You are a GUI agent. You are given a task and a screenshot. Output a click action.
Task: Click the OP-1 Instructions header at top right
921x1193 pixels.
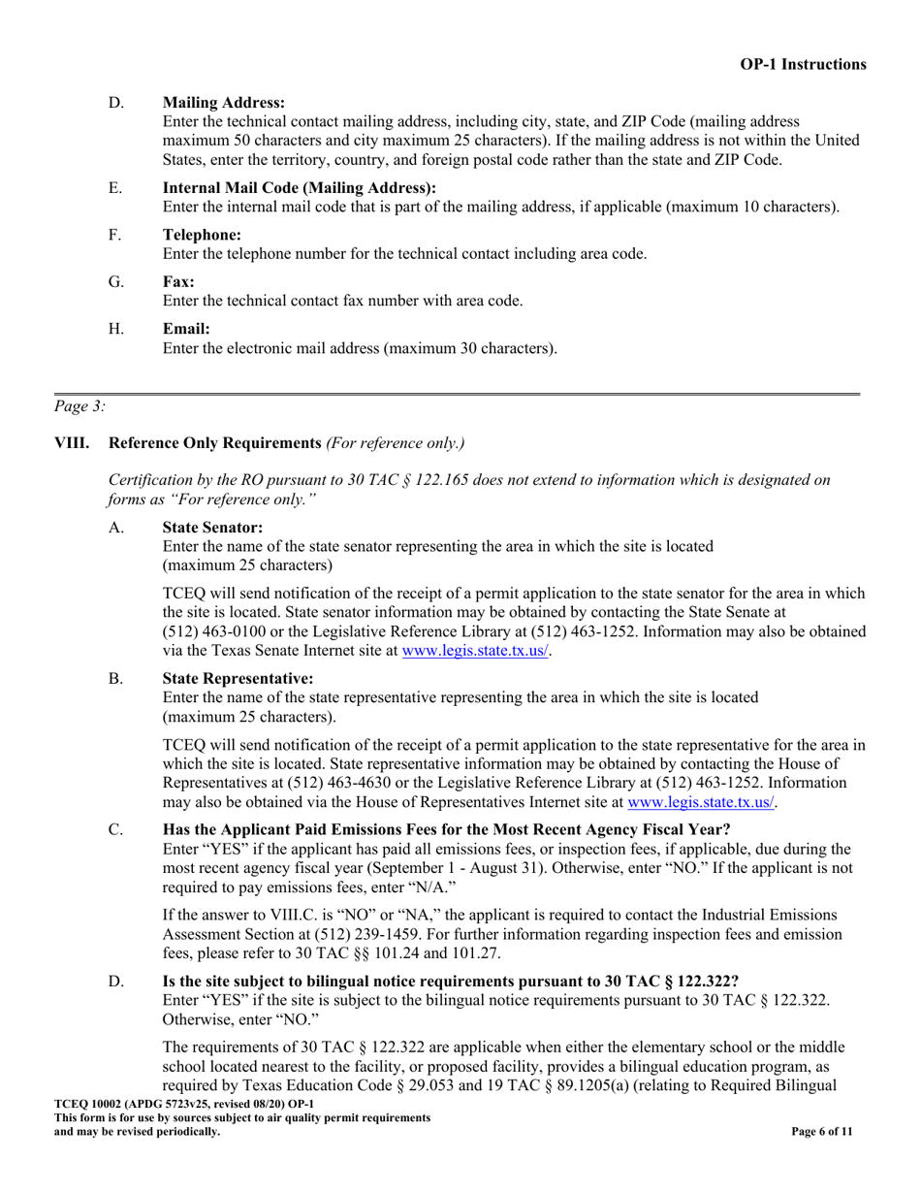point(803,64)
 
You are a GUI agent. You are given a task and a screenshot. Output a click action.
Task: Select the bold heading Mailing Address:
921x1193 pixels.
point(224,103)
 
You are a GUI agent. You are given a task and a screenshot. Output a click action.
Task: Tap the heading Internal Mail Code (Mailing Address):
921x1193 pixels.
point(300,188)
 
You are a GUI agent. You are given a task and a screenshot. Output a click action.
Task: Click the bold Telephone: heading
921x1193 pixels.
point(202,235)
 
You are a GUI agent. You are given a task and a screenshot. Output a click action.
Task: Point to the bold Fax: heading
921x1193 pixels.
point(178,282)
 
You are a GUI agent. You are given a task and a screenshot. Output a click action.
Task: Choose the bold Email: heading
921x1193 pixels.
point(186,329)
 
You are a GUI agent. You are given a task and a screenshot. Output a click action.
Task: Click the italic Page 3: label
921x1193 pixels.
point(80,407)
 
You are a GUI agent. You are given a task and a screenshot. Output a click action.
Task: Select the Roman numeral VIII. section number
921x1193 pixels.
point(73,443)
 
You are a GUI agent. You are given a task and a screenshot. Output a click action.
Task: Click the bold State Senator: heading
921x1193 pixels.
point(212,528)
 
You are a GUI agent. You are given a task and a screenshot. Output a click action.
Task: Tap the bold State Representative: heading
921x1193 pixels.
point(238,679)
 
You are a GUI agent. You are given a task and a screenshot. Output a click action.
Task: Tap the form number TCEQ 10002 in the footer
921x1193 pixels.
point(96,1105)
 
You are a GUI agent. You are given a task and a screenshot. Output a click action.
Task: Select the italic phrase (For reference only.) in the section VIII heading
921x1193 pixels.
point(395,443)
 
